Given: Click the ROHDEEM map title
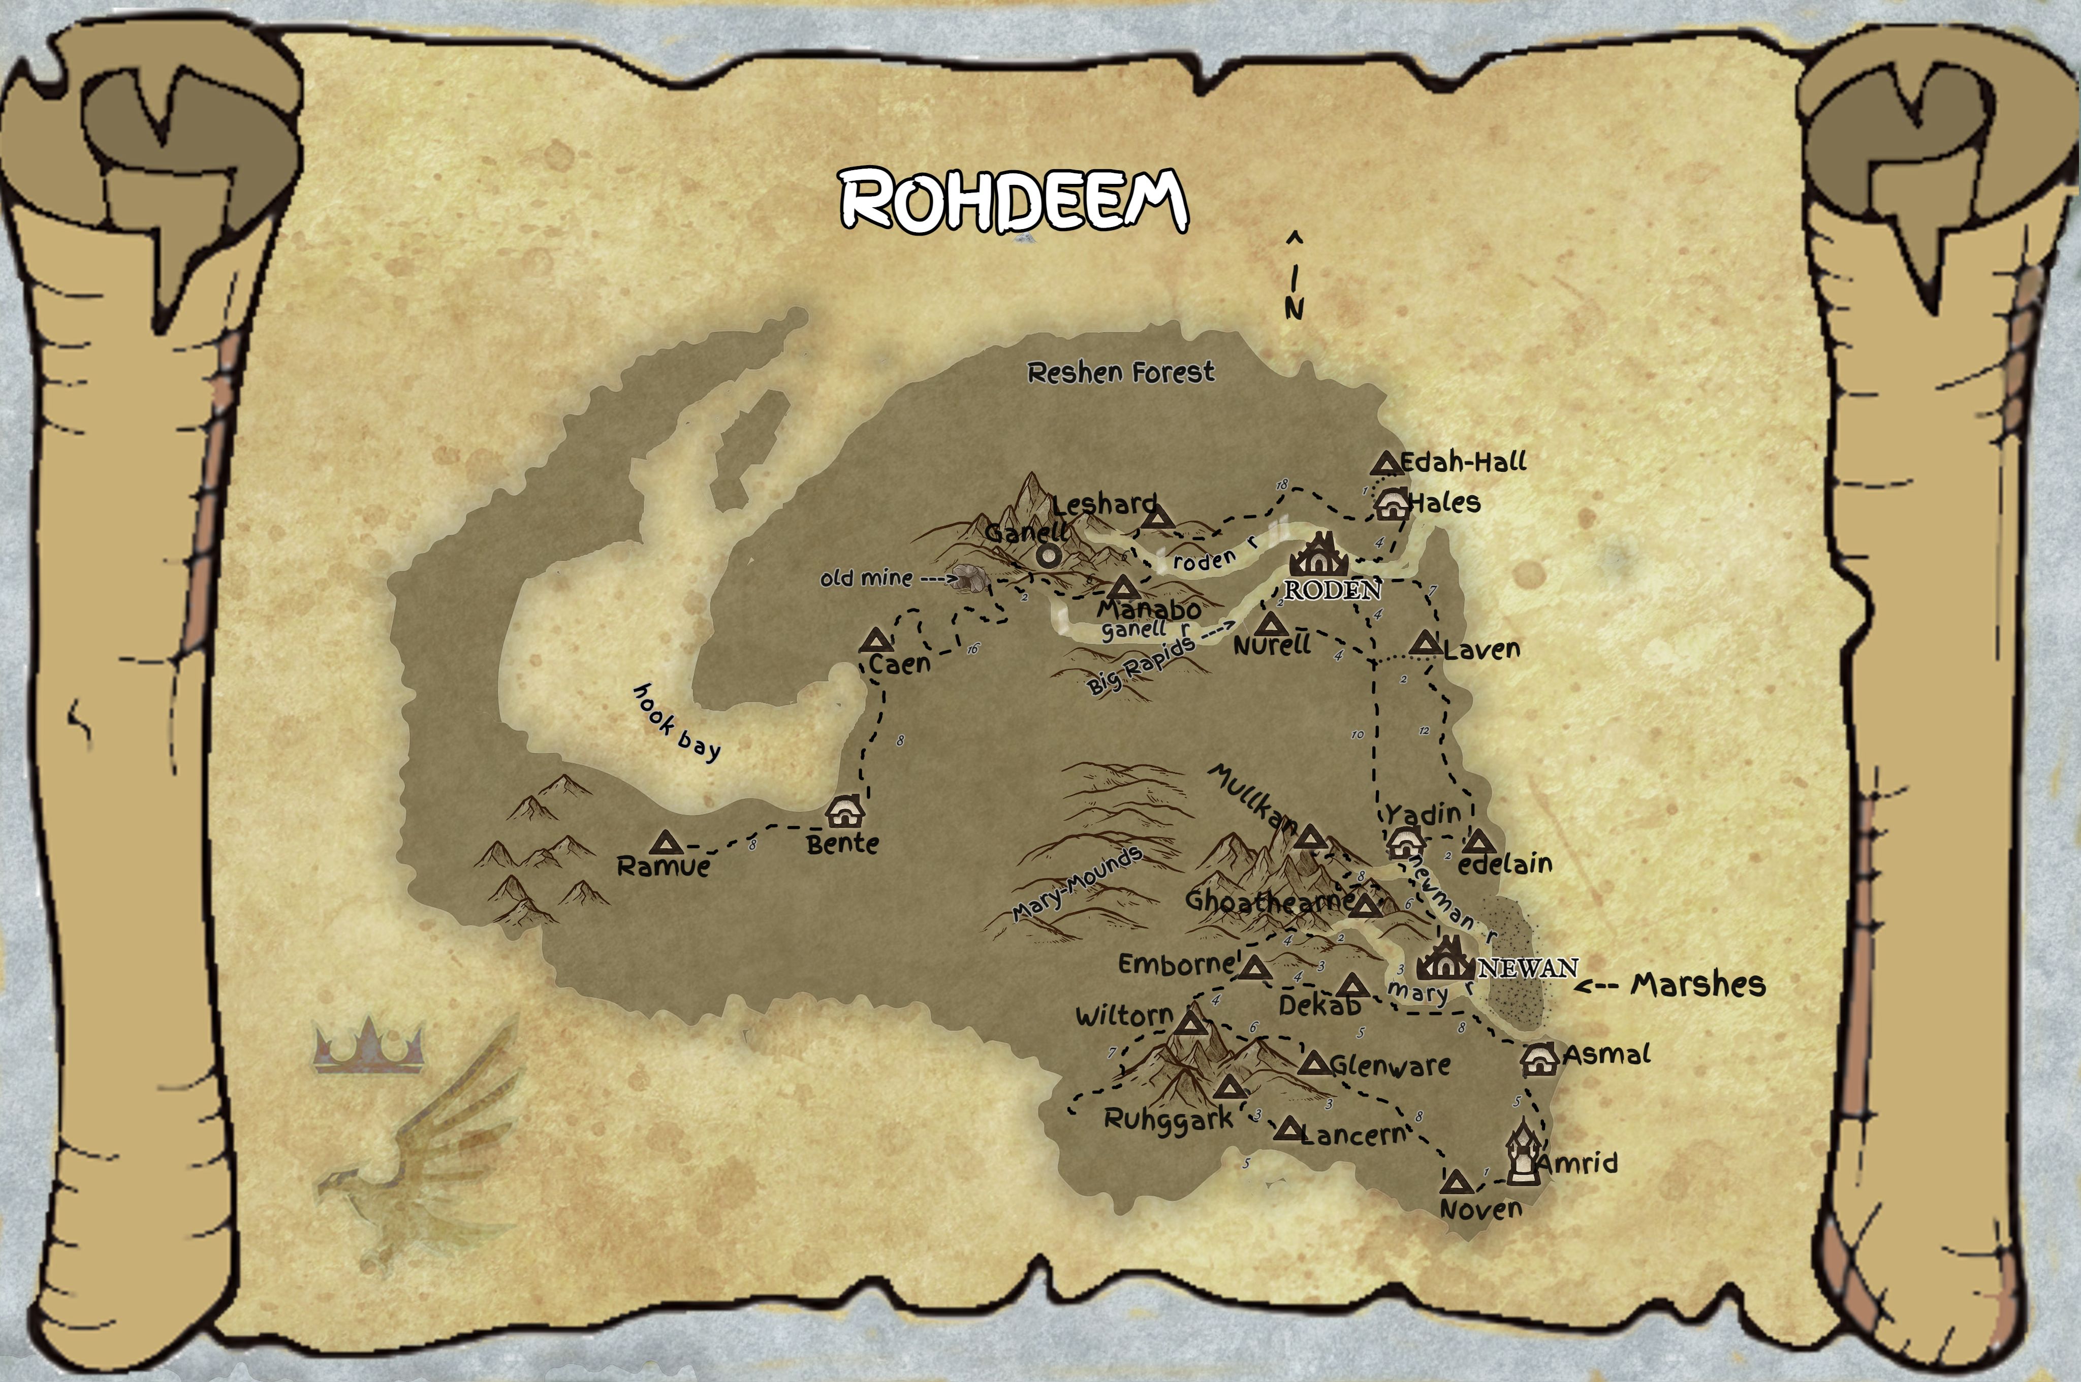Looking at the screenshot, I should click(1014, 201).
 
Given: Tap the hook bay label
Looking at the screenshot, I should click(676, 722).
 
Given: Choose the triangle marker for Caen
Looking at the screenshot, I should click(875, 641).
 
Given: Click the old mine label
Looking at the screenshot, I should click(866, 578).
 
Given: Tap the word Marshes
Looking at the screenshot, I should click(1697, 984).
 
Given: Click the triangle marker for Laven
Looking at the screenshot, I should click(1425, 644).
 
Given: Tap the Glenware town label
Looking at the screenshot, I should click(1389, 1066).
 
